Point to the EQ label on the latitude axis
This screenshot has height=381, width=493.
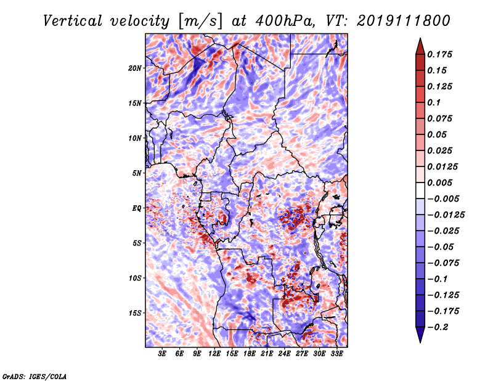137,208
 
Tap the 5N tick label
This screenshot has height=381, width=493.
137,173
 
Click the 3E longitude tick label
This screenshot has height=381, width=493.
162,354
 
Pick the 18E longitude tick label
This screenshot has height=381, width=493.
250,354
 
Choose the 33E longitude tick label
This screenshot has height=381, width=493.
337,354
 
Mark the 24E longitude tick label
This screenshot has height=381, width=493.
285,354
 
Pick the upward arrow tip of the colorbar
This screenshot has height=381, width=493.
419,40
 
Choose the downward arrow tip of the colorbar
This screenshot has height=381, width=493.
419,340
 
